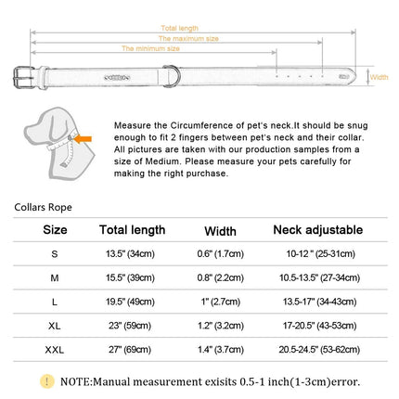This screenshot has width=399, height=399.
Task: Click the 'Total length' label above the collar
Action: click(179, 28)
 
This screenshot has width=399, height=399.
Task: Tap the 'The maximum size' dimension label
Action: click(188, 39)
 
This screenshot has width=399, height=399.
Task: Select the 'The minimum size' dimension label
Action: click(150, 48)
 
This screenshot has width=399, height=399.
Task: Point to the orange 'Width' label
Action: click(379, 77)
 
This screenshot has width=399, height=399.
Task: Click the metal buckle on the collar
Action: click(23, 77)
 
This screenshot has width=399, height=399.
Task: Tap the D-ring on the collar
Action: click(172, 76)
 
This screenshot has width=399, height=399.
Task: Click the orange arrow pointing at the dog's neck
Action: click(83, 139)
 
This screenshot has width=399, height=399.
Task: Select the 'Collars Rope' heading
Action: click(43, 207)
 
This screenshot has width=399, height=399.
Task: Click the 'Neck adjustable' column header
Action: click(318, 230)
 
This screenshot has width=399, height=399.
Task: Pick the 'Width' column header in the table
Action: click(220, 231)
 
